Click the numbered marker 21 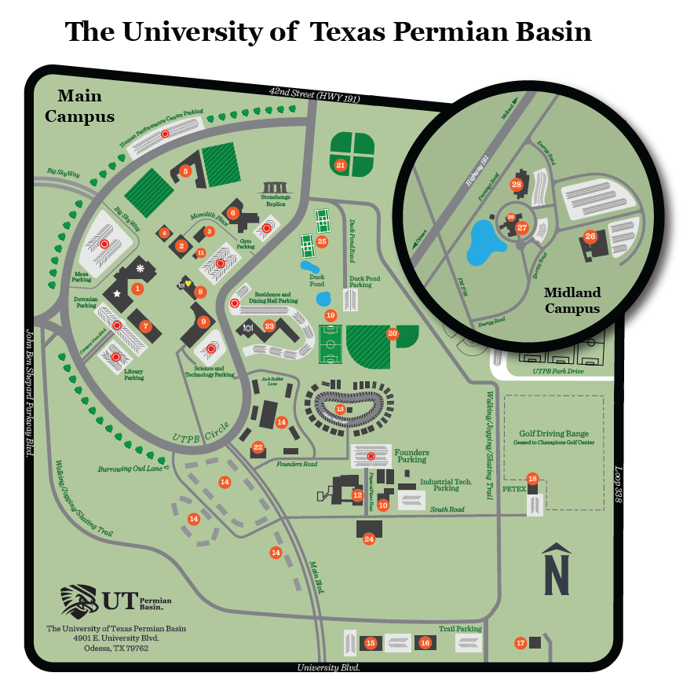pyautogui.click(x=341, y=165)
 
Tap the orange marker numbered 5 pyautogui.click(x=186, y=171)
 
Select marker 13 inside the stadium pyautogui.click(x=340, y=410)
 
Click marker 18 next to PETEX pyautogui.click(x=533, y=479)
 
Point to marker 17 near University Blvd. pyautogui.click(x=520, y=643)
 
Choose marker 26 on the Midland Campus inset pyautogui.click(x=590, y=236)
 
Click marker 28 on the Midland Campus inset pyautogui.click(x=516, y=185)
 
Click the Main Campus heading pyautogui.click(x=79, y=106)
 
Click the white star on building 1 pyautogui.click(x=117, y=293)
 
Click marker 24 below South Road pyautogui.click(x=369, y=538)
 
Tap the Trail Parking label pyautogui.click(x=459, y=629)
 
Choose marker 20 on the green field pyautogui.click(x=393, y=333)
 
